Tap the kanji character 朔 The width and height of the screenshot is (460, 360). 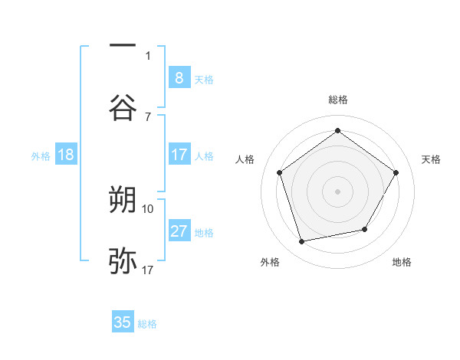tap(123, 200)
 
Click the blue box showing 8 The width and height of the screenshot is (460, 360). tap(179, 77)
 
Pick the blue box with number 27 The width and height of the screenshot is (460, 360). tap(179, 231)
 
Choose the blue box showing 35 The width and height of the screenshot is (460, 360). tap(123, 322)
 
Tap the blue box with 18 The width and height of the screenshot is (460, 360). tap(65, 155)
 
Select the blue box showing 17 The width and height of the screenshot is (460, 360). tap(179, 155)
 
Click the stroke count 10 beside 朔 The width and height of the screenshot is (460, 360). tap(148, 208)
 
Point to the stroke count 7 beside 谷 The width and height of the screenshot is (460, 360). tap(148, 116)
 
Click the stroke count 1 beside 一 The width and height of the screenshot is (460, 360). tap(148, 55)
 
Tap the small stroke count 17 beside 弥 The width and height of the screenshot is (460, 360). tap(148, 270)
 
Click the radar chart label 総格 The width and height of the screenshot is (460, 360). tap(337, 100)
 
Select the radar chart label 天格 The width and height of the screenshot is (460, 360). tap(432, 159)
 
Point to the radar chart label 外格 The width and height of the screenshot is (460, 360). tap(270, 262)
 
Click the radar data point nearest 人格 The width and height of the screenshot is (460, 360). tap(279, 172)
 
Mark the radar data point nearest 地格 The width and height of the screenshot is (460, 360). tap(365, 229)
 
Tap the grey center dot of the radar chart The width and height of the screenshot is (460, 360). tap(337, 191)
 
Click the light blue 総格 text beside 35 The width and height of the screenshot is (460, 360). tap(148, 324)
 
